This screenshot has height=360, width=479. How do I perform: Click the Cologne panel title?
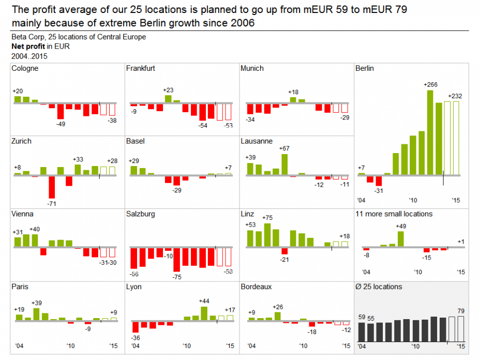tap(24, 68)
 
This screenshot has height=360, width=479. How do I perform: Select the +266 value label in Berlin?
tap(430, 84)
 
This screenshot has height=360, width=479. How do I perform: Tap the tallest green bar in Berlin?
tap(430, 132)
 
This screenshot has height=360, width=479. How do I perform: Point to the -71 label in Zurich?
tap(51, 204)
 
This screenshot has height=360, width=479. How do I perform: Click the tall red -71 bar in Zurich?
tap(52, 187)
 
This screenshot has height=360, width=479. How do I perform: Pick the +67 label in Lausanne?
tap(284, 148)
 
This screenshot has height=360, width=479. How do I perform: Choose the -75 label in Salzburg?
tap(176, 277)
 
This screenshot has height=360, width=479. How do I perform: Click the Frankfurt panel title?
tap(140, 68)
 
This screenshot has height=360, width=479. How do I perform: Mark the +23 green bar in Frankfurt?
tap(168, 99)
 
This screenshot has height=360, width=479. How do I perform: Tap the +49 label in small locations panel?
tap(401, 226)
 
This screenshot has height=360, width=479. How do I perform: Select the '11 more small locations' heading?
tap(394, 214)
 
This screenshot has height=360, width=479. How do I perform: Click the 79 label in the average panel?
tap(461, 311)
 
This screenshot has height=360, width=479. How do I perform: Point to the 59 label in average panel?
tap(362, 317)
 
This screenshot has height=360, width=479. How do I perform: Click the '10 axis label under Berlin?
tap(412, 200)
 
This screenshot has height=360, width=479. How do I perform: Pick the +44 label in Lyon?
tap(204, 301)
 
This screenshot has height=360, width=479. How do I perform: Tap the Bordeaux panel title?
tap(256, 287)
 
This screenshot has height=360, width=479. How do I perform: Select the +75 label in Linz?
tap(267, 218)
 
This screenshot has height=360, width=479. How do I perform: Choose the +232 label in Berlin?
tap(455, 96)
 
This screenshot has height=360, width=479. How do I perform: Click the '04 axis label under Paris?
tap(19, 346)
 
